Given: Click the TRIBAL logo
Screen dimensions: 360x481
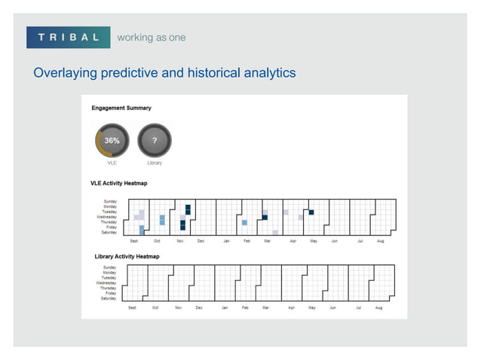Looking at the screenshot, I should pos(69,37).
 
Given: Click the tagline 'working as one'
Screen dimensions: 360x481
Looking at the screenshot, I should pos(151,37).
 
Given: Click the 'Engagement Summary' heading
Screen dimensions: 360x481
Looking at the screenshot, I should pos(121,108).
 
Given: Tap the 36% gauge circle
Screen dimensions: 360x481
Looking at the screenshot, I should pos(112,140).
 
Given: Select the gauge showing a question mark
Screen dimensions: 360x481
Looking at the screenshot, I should pos(155,140).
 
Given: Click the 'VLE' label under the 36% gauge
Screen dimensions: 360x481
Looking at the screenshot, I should pos(112,163).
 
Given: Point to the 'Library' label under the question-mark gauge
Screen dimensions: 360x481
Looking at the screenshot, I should pos(155,163).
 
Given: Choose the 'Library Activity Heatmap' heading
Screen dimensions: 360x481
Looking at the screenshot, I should pos(127,257).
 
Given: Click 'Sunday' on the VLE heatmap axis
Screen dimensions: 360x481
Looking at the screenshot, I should pos(109,202).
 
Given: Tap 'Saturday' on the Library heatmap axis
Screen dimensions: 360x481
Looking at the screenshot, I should pos(109,299).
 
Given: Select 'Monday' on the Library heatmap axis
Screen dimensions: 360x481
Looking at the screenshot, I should pos(109,273).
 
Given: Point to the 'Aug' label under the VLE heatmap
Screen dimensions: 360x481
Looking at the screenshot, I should pos(380,241).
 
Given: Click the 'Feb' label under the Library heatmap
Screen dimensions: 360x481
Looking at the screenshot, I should pos(246,308).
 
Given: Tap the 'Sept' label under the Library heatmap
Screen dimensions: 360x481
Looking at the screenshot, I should pos(132,308).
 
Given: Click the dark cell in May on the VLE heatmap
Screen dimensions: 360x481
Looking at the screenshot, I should pos(311,212).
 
